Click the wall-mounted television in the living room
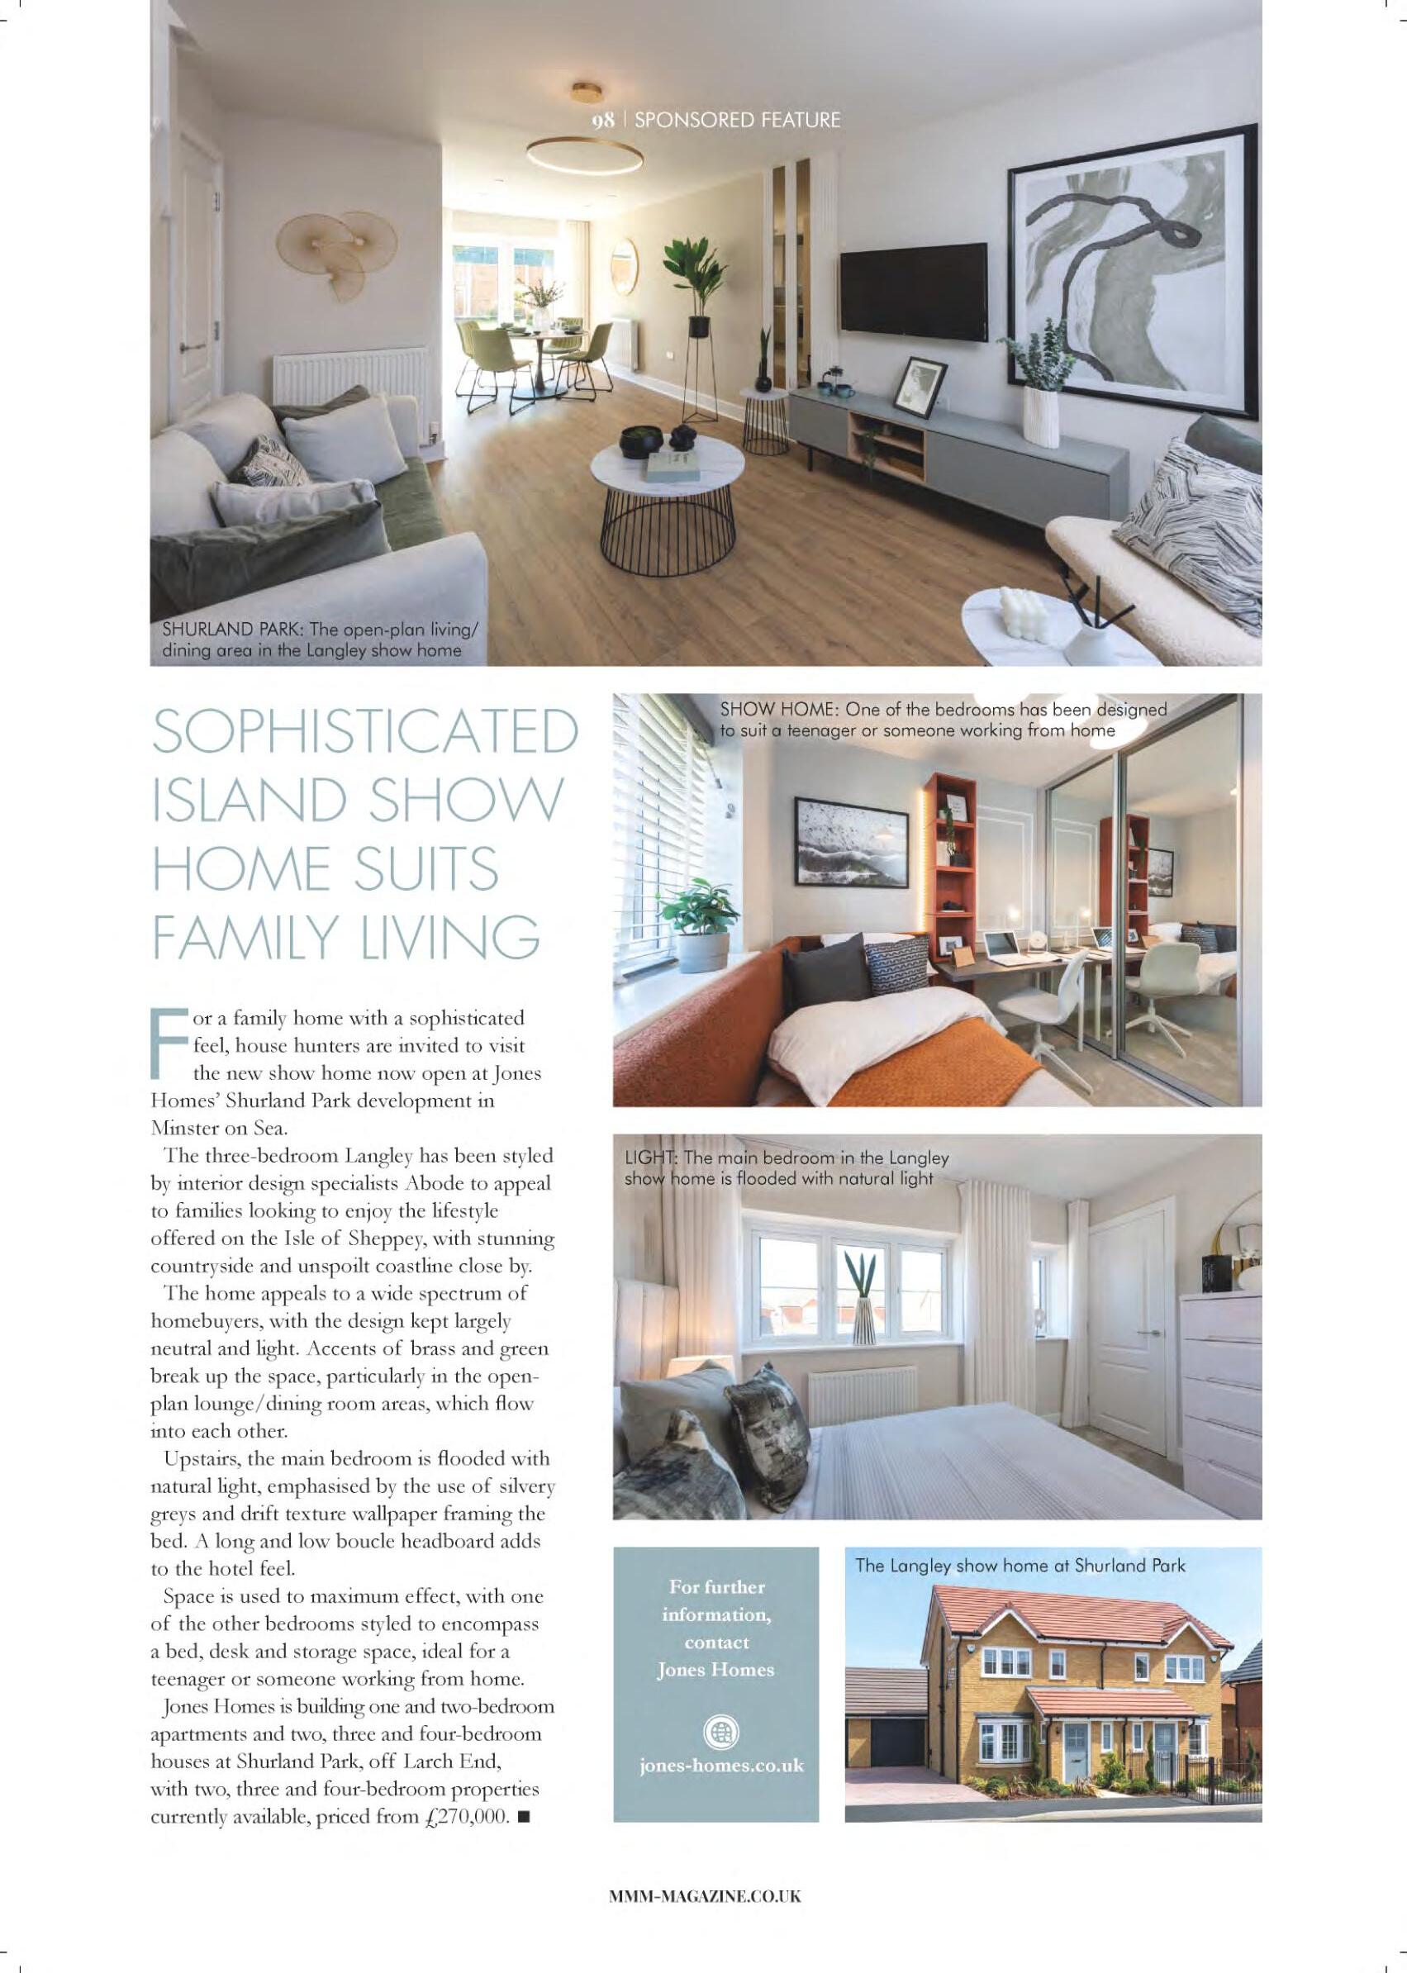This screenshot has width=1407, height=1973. point(913,290)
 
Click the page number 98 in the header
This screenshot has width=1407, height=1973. point(603,120)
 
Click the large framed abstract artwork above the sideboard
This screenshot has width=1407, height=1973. point(1134,270)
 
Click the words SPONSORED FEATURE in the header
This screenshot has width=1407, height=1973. point(737,120)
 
